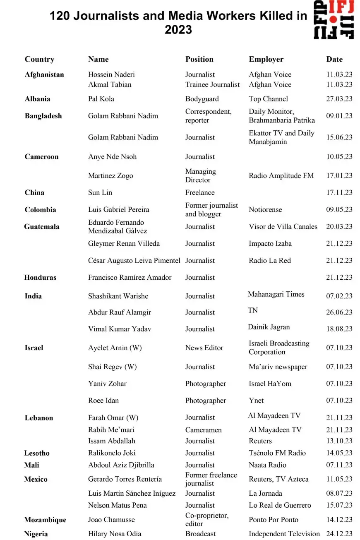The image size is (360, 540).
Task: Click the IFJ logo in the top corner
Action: pos(334,19)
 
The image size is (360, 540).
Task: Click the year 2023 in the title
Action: pos(178,30)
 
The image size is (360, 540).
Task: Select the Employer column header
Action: pos(266,59)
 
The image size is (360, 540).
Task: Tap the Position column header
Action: pos(199,59)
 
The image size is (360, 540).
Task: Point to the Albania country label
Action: pos(37,99)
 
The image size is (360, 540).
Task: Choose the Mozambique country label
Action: pos(45,520)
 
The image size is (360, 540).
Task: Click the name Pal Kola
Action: pos(101,99)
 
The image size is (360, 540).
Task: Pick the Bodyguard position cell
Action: pos(202,99)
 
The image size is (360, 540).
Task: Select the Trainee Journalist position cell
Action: pos(212,84)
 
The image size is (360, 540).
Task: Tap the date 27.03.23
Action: pos(339,99)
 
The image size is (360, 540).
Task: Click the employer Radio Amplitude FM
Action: pos(281,175)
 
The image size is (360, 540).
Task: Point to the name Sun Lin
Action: pos(100,192)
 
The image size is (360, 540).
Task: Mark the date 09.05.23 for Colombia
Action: pos(339,209)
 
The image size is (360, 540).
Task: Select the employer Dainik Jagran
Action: pos(269,327)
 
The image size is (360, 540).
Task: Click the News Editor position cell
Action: pos(204,348)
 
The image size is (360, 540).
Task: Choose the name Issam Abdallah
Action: pos(111,441)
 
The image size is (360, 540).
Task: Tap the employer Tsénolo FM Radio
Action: pos(277,453)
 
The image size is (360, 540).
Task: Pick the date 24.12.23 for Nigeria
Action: pos(339,534)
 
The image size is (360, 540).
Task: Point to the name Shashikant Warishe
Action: pos(118,296)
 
